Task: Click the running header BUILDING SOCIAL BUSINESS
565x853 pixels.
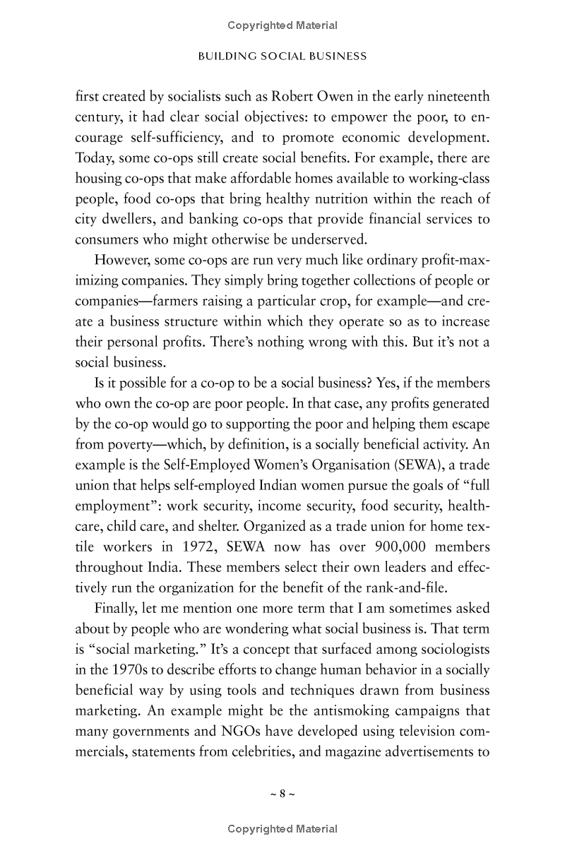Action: click(282, 56)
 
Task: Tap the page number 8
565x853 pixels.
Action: click(282, 793)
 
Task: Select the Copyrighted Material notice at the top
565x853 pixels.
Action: click(282, 26)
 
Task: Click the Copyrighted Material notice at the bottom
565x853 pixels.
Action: click(282, 829)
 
